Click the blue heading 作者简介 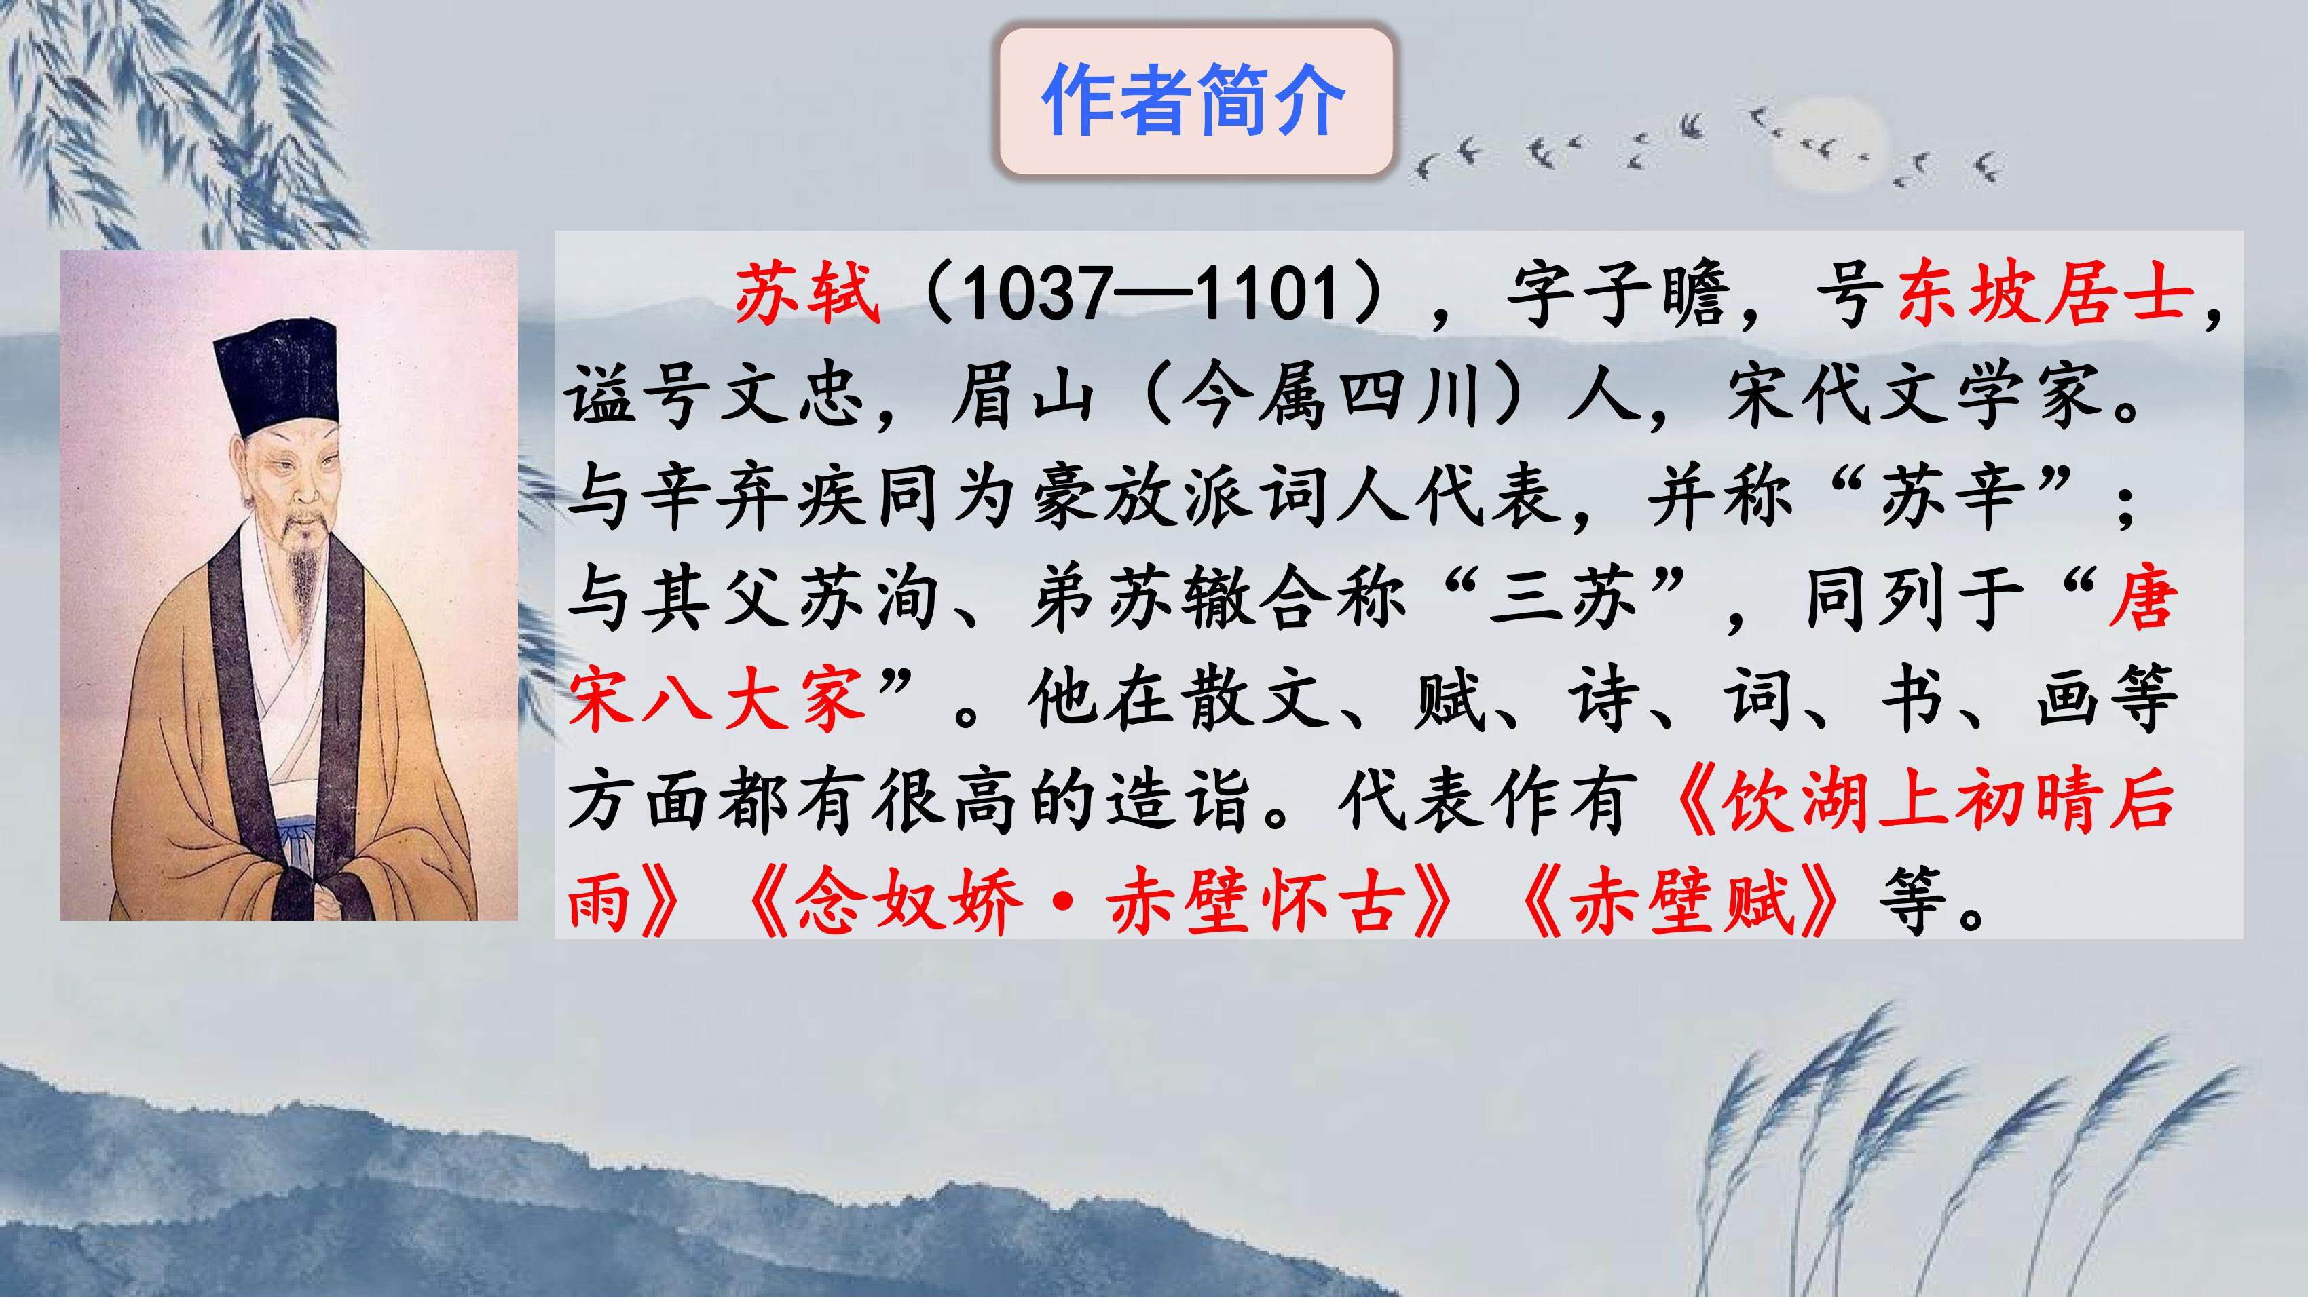pyautogui.click(x=1193, y=100)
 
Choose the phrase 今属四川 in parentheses pyautogui.click(x=1330, y=396)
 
